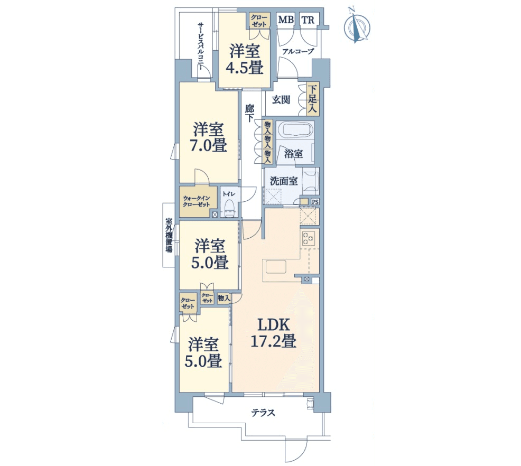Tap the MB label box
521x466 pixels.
[286, 20]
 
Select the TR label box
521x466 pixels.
[308, 20]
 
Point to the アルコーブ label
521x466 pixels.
[298, 51]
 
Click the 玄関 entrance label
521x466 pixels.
[281, 99]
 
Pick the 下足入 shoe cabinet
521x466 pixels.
[312, 99]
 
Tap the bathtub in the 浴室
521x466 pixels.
[295, 129]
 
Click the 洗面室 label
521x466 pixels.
[283, 181]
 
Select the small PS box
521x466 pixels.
[314, 202]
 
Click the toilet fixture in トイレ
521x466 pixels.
[229, 209]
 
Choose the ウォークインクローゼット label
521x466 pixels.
[197, 201]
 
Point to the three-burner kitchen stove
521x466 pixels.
[309, 237]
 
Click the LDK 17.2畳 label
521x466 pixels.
[273, 332]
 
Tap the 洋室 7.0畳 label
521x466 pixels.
[209, 137]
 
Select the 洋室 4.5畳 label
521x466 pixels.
[245, 59]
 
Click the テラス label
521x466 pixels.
[263, 413]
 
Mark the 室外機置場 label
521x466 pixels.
[169, 235]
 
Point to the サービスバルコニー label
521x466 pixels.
[201, 46]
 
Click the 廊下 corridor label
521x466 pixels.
[249, 113]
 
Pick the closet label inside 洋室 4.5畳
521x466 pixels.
[259, 21]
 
